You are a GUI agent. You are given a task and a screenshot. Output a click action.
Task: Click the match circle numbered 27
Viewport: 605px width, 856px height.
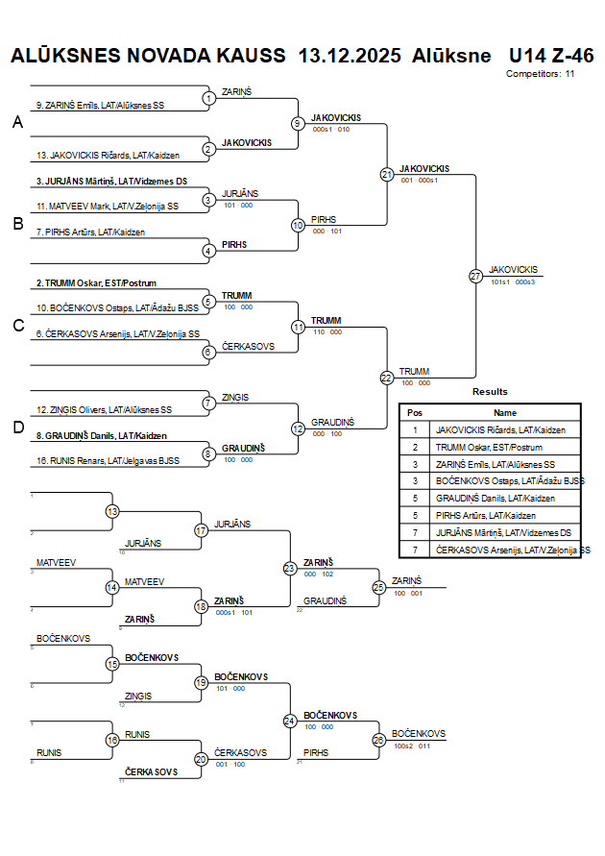point(475,276)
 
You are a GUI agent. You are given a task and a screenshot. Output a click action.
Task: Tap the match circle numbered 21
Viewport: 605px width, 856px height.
point(386,175)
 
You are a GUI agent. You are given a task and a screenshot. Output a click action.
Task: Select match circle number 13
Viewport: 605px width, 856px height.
point(112,511)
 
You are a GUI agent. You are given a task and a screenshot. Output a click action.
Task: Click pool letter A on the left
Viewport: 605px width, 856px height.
point(16,122)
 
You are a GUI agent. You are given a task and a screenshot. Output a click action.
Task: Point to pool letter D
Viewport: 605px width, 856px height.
point(16,428)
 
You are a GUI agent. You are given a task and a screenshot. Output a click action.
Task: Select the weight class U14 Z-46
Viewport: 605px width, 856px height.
point(551,56)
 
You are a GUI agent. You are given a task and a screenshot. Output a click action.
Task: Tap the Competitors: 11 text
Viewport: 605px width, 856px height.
point(540,74)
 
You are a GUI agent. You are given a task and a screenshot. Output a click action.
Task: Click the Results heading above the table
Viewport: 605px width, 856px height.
point(490,392)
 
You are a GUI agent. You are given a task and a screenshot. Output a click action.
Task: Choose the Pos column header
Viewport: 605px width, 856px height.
point(415,412)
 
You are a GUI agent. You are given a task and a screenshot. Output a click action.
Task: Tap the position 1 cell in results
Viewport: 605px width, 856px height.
point(415,429)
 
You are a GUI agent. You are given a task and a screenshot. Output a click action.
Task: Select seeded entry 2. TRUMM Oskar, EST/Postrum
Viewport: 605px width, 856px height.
point(96,283)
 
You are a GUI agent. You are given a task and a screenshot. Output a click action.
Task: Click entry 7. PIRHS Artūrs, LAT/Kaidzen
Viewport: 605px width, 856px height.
point(91,232)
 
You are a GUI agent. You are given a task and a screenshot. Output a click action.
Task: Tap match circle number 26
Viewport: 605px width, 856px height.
point(378,740)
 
